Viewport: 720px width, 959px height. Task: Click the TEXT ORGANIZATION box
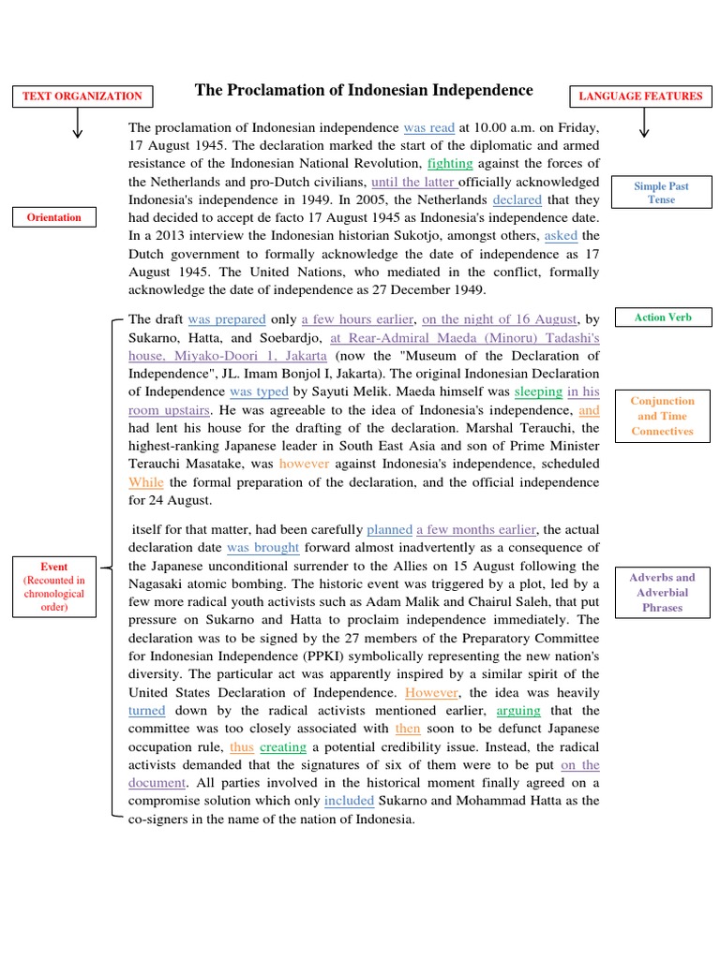82,96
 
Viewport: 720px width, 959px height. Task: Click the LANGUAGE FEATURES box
640,96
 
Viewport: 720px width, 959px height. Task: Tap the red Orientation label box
52,217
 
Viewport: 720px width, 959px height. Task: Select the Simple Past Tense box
661,193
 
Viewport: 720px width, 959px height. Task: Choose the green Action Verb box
662,317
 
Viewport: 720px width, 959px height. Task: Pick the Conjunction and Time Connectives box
662,416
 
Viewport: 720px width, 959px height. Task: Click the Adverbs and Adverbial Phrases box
662,592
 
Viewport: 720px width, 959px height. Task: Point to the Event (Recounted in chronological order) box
54,586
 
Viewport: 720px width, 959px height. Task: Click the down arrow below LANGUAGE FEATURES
642,124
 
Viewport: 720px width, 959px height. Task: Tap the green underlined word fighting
450,163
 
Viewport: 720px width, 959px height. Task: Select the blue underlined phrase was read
428,127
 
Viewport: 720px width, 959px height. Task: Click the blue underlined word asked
561,235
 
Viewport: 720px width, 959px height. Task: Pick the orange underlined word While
145,482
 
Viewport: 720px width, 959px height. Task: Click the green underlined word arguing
517,710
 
